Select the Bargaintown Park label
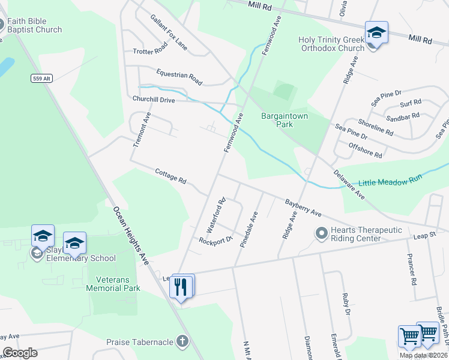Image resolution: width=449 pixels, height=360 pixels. tap(277, 120)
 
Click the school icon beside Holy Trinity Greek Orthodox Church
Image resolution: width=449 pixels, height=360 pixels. tap(376, 32)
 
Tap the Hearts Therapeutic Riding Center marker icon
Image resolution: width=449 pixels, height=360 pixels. tap(321, 232)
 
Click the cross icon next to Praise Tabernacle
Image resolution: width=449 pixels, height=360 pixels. tap(182, 342)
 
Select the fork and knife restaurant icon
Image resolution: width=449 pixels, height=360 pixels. tap(181, 287)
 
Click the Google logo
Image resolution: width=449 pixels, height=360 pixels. tap(19, 353)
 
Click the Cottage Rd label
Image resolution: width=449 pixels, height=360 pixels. tap(171, 176)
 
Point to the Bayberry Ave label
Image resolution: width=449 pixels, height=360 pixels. tap(304, 208)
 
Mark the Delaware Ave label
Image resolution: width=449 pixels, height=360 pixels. tap(350, 184)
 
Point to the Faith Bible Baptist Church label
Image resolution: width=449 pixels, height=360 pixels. tap(35, 25)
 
